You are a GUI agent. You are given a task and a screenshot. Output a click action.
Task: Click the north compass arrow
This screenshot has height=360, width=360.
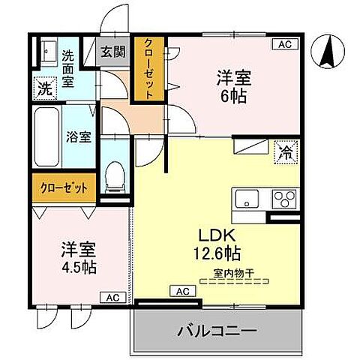(x=328, y=50)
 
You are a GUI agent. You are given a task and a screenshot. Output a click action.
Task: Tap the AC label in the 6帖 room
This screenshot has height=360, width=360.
(x=284, y=45)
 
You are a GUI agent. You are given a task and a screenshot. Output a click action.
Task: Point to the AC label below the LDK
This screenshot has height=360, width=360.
(x=182, y=290)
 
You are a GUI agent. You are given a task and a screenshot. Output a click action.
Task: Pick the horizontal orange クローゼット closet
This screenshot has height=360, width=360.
(x=64, y=188)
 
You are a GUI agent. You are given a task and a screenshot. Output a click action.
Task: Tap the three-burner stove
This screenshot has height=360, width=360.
(x=283, y=199)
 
